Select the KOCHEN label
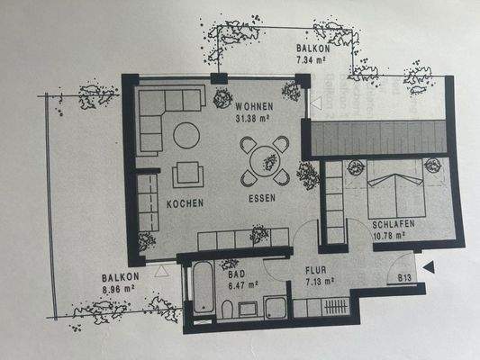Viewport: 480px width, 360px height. pos(184,203)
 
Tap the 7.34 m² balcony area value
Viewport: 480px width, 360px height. pos(312,58)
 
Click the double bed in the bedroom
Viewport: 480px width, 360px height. pos(393,192)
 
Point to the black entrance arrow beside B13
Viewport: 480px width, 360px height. pos(430,266)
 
